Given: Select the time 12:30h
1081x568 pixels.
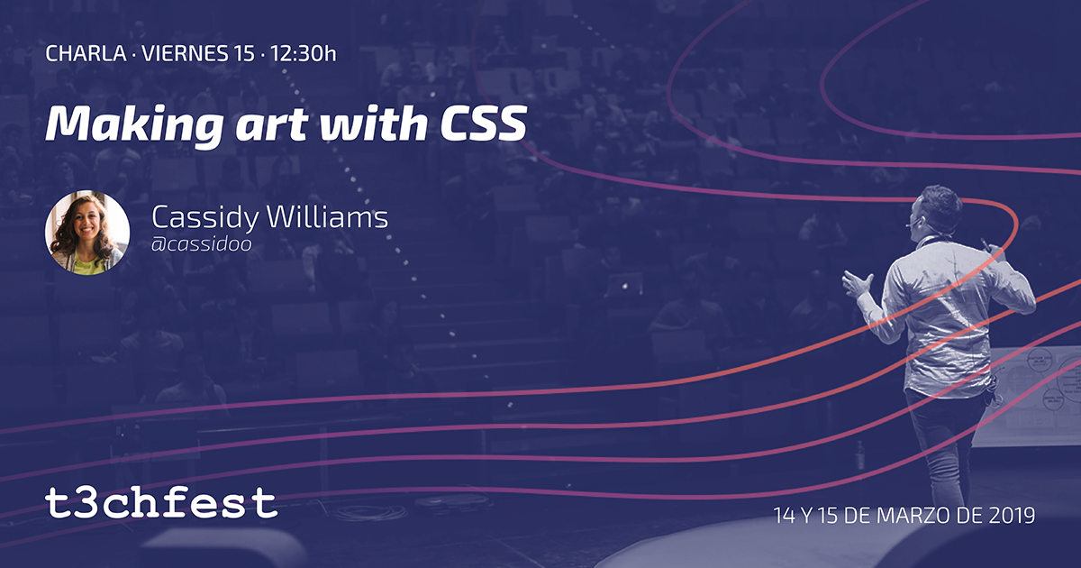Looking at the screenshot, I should click(304, 53).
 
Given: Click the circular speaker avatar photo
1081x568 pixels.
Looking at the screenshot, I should click(87, 233).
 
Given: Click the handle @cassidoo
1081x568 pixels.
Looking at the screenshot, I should click(200, 243).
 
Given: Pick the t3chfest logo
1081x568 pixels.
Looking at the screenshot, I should click(161, 503).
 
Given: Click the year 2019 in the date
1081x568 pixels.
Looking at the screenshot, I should click(1011, 517).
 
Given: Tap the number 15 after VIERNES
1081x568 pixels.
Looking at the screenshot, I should click(242, 53).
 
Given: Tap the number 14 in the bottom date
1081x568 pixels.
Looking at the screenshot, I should click(785, 517).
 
